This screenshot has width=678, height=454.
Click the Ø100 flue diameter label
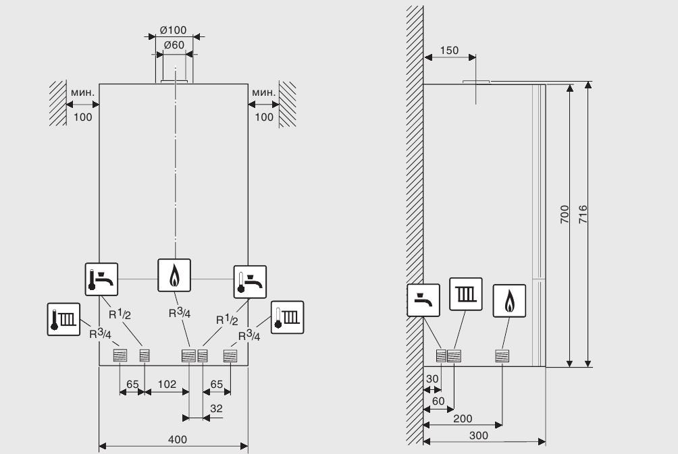click(x=173, y=30)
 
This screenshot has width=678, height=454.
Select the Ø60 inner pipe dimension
click(x=174, y=45)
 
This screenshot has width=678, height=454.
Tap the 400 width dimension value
click(x=178, y=439)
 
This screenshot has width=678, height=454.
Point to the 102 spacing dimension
click(x=167, y=384)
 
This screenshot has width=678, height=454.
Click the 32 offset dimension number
click(x=216, y=408)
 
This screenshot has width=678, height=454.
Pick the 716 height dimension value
click(x=583, y=215)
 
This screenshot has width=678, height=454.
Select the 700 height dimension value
click(x=565, y=215)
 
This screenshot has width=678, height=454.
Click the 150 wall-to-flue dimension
click(x=449, y=51)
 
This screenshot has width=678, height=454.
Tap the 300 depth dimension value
click(x=478, y=435)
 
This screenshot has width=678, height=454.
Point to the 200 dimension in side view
click(x=463, y=418)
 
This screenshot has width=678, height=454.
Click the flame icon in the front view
click(x=174, y=275)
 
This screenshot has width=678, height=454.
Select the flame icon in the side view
click(x=509, y=301)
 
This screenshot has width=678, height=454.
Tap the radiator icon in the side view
click(x=466, y=294)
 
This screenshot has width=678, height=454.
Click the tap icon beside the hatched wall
click(x=423, y=300)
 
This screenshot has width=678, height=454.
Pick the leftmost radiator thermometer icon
click(x=63, y=319)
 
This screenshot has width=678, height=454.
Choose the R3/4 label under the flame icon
click(x=180, y=312)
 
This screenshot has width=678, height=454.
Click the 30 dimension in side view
click(x=432, y=379)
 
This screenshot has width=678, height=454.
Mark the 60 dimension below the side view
click(x=438, y=401)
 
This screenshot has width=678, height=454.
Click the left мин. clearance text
click(x=82, y=92)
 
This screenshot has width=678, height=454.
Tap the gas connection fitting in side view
click(x=502, y=356)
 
